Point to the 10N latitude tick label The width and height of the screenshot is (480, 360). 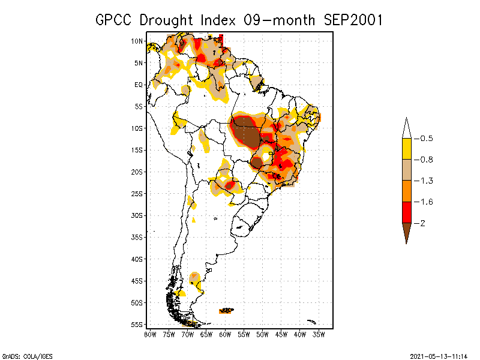point(137,41)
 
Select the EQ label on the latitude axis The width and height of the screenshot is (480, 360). point(138,85)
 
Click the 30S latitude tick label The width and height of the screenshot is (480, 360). point(137,215)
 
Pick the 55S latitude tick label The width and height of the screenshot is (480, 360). point(137,325)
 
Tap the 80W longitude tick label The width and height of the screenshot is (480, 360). point(150,334)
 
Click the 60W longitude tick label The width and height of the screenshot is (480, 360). point(225,334)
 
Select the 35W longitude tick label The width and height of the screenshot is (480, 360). point(319,334)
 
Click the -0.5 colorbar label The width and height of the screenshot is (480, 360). point(426,139)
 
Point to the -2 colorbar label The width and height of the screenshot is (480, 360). point(423,223)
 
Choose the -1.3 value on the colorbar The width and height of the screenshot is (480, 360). point(426,181)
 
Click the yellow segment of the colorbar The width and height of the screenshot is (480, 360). point(406,149)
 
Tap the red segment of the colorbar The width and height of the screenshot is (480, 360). point(406,212)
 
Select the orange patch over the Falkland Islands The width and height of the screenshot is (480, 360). point(227,310)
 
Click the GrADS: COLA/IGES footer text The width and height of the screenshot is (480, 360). point(22,355)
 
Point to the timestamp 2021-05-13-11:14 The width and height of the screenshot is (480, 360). point(439,355)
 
